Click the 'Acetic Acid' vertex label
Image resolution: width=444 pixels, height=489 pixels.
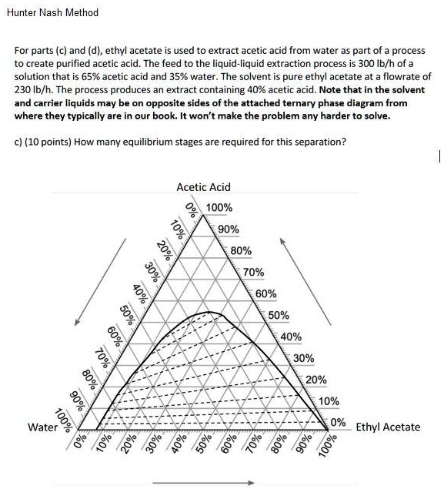(x=203, y=187)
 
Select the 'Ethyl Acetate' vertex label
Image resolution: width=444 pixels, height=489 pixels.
(x=388, y=427)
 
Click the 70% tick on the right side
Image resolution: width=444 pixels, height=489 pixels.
(x=254, y=272)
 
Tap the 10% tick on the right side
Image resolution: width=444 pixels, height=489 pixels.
(x=329, y=401)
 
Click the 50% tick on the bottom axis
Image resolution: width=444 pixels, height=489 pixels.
(x=203, y=447)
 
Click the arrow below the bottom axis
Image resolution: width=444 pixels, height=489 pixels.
(x=203, y=483)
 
